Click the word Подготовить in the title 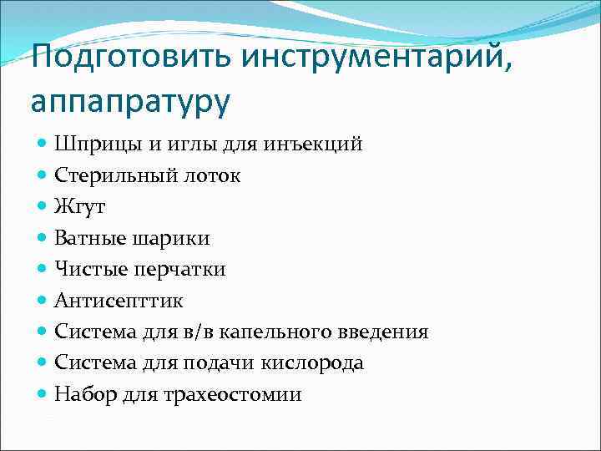(131, 58)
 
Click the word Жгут (80, 206)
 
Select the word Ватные (89, 238)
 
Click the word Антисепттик (119, 301)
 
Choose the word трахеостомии (249, 394)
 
